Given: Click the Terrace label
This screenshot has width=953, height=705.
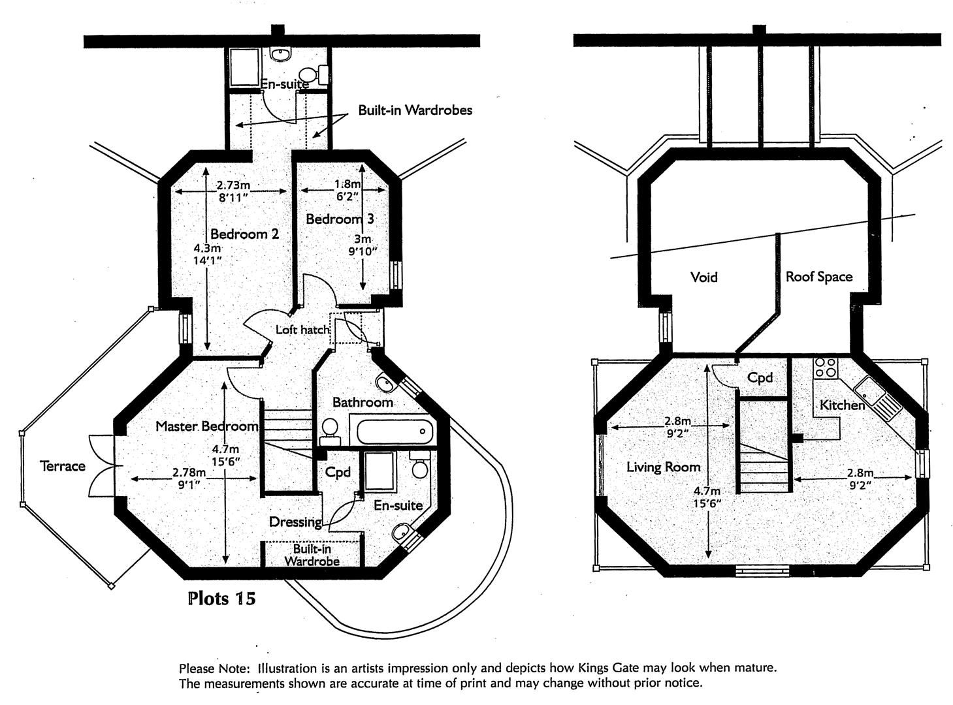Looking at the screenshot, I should coord(63,466).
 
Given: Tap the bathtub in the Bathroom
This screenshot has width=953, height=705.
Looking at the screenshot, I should coord(392,431).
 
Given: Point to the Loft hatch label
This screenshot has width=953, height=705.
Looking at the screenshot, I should coord(302,330).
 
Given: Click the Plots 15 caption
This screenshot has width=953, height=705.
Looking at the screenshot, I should coord(221,598).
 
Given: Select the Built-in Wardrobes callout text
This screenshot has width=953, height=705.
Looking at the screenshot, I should coord(414,110).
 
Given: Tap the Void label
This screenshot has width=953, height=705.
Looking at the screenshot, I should coord(703,277).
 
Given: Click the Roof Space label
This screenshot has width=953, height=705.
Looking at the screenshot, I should coord(818,277).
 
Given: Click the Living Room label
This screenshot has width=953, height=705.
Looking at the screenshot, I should coord(663,467).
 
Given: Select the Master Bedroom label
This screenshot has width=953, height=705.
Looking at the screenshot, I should coord(206,426).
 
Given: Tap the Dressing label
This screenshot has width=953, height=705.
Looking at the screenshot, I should coord(295,522).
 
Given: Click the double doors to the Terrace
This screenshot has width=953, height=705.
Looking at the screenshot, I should coord(105,466).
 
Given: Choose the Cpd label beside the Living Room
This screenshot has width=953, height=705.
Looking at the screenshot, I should coord(760,377).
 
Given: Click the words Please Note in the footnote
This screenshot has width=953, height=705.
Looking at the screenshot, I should coord(214,668).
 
